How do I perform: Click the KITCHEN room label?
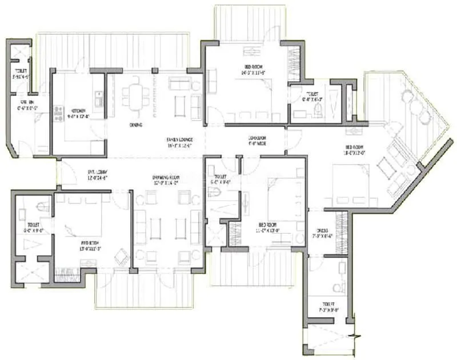(79, 110)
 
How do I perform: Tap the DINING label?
(136, 125)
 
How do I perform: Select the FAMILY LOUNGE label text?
(179, 139)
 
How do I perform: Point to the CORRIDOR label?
(258, 138)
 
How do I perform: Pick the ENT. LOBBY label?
(98, 171)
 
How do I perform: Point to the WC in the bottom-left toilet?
(41, 205)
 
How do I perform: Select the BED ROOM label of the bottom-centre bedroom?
(268, 225)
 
